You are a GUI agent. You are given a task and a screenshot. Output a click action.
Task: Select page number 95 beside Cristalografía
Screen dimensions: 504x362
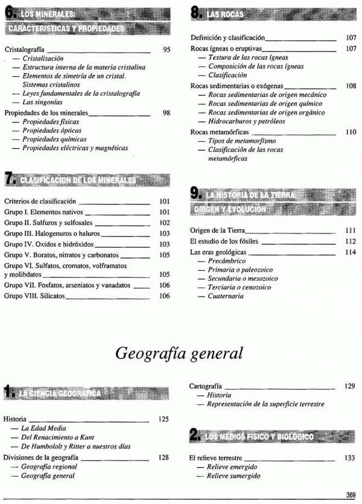(168, 50)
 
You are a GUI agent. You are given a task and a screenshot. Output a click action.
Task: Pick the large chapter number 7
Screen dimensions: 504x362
(9, 178)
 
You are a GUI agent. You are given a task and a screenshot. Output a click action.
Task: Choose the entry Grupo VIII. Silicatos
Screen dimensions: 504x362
(34, 296)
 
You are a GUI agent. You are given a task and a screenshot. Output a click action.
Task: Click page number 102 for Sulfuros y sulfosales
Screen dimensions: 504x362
(165, 222)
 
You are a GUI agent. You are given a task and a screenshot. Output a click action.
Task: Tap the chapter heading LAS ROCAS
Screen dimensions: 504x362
(224, 13)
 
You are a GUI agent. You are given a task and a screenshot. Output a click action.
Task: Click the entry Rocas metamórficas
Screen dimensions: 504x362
(218, 131)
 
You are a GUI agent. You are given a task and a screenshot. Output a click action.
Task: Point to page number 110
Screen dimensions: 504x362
(351, 131)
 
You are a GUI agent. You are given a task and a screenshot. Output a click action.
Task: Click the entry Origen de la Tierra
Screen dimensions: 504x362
(217, 230)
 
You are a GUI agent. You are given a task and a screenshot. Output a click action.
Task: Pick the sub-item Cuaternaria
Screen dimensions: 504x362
(226, 296)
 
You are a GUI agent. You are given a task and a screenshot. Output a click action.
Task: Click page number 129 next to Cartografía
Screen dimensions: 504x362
(349, 385)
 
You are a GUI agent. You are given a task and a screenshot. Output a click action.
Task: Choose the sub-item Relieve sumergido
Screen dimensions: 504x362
(233, 476)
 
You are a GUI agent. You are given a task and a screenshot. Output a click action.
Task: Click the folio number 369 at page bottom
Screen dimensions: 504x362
(351, 495)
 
